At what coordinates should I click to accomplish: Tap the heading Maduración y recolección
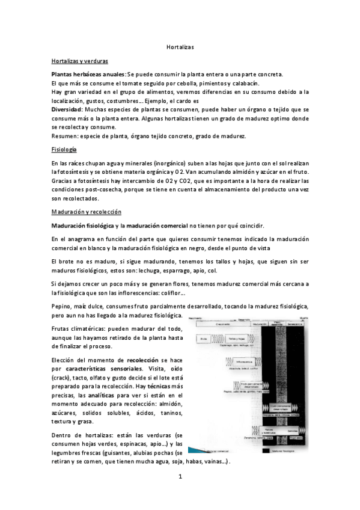point(86,212)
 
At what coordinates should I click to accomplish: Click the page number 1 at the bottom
point(179,476)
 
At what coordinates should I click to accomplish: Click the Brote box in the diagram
point(204,339)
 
